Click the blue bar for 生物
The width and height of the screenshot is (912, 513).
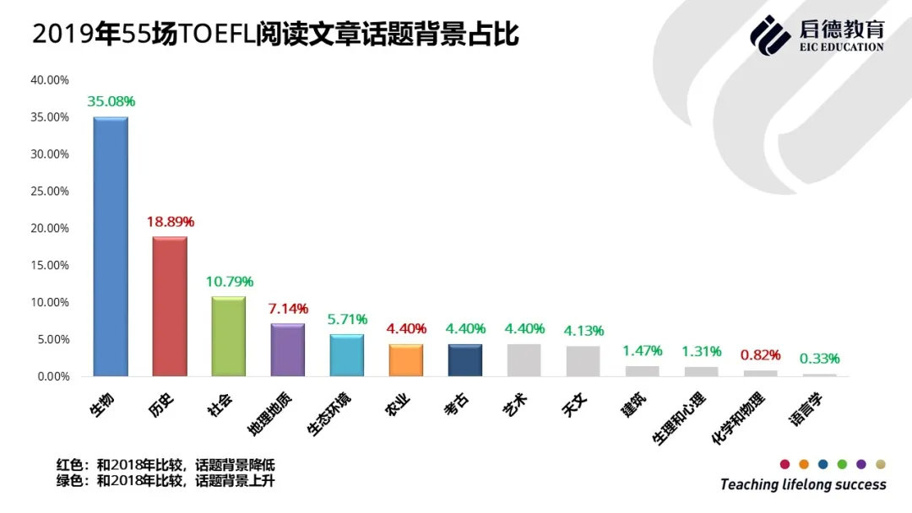click(110, 246)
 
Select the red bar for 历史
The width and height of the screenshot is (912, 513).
click(169, 306)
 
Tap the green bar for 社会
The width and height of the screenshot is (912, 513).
click(228, 336)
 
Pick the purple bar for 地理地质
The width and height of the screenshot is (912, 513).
click(287, 349)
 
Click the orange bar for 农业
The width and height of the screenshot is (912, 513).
click(405, 360)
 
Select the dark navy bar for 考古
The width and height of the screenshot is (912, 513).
click(464, 360)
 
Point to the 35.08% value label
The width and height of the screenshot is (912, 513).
click(111, 101)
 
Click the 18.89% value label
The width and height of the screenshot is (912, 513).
click(170, 222)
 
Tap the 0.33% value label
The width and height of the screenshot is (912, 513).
click(820, 359)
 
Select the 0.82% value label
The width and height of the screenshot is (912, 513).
click(761, 355)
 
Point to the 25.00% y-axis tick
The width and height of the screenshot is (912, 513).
click(50, 192)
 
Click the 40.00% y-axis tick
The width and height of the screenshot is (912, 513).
click(50, 80)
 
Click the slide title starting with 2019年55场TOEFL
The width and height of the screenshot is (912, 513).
click(275, 35)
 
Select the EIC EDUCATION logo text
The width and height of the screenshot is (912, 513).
click(841, 47)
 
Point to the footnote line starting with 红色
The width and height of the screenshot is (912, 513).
click(166, 465)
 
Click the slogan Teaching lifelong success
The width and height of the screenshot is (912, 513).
click(803, 484)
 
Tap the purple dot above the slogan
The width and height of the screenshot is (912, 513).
click(861, 464)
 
